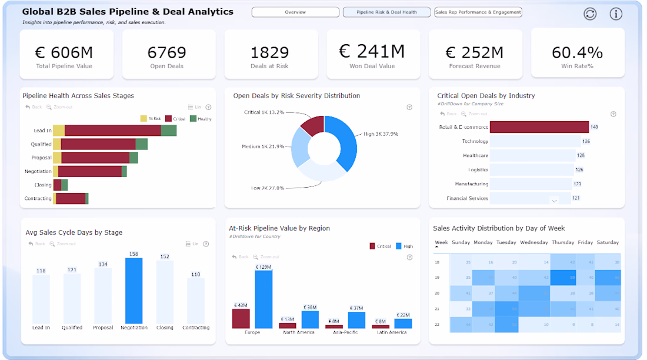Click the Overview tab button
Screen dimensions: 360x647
pos(295,12)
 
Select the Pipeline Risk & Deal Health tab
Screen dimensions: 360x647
pos(386,12)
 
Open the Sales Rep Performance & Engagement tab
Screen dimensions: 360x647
pos(478,12)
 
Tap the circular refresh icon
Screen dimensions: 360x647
pos(590,14)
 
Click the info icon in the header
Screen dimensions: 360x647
pos(616,14)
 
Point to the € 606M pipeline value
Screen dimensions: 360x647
pos(64,52)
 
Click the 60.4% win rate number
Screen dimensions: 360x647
pos(577,52)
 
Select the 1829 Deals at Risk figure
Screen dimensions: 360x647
pos(269,52)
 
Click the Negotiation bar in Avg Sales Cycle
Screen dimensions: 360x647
pos(134,291)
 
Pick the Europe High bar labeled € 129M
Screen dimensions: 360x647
pos(264,299)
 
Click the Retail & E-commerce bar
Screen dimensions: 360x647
pos(539,127)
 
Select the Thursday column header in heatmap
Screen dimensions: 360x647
pos(563,242)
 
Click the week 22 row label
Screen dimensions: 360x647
pos(437,325)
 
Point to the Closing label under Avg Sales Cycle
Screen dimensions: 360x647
pos(165,328)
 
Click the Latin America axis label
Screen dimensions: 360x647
pos(392,332)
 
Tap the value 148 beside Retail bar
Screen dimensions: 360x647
pos(594,127)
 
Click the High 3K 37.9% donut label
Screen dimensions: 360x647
pos(381,134)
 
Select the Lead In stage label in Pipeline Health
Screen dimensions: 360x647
pos(42,131)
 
